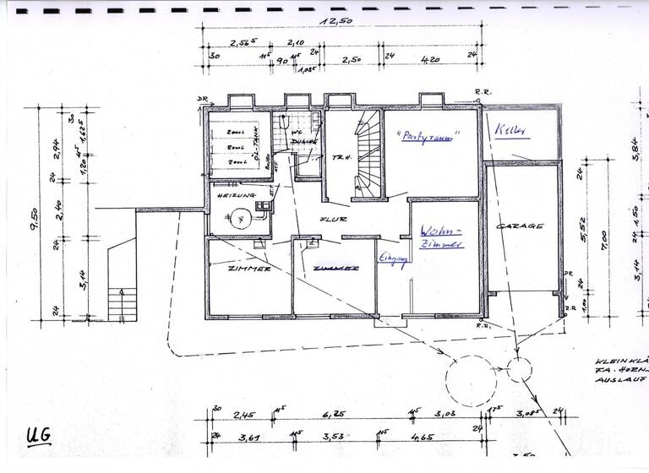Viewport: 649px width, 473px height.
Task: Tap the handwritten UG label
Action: (x=38, y=436)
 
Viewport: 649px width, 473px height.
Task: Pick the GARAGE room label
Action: (x=518, y=226)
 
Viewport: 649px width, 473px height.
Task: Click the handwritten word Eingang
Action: (x=388, y=261)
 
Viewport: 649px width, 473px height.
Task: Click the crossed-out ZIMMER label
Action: (x=335, y=269)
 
